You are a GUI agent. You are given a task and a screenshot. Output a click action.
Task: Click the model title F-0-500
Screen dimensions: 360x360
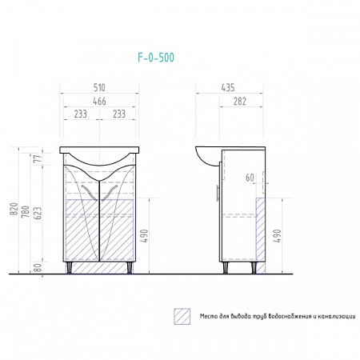click(156, 58)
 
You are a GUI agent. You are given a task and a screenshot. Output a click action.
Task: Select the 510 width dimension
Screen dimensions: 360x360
click(99, 87)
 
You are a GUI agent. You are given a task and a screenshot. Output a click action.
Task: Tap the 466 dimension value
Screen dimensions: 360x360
click(99, 102)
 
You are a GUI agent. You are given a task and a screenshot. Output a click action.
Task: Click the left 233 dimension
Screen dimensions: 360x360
click(80, 114)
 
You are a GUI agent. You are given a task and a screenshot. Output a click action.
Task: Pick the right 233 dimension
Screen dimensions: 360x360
click(119, 114)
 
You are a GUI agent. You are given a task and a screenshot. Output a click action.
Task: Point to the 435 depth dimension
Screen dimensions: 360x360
click(228, 87)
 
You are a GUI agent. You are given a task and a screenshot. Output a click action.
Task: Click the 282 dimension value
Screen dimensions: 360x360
click(239, 102)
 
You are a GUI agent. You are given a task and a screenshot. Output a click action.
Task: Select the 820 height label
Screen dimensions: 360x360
click(14, 209)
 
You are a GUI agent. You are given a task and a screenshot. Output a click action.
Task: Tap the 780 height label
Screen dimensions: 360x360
click(26, 212)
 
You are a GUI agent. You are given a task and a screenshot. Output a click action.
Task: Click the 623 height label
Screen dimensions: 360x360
click(38, 213)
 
